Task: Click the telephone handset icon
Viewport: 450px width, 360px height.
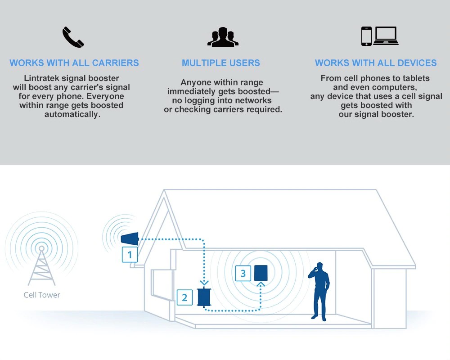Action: tap(73, 37)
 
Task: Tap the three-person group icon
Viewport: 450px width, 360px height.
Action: tap(223, 37)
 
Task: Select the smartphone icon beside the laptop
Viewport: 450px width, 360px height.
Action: tap(366, 36)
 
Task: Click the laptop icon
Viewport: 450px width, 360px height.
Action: tap(386, 36)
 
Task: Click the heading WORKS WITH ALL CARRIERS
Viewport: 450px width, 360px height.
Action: tap(74, 63)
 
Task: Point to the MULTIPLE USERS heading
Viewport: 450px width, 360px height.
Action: tap(221, 63)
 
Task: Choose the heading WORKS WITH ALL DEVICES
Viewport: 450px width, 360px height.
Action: tap(376, 63)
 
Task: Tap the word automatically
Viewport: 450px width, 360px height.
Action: tap(72, 114)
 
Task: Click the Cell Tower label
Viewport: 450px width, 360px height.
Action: tap(42, 295)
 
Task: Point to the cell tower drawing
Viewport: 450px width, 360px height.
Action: tap(41, 265)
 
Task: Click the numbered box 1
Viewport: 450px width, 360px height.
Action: tap(130, 255)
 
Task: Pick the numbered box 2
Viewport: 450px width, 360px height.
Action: tap(184, 297)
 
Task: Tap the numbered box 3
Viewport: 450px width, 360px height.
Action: tap(243, 273)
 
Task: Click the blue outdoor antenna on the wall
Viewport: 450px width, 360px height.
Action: tap(130, 239)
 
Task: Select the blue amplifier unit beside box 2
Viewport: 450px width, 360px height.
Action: tap(204, 297)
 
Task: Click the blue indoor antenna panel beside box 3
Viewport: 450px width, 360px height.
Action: tap(261, 273)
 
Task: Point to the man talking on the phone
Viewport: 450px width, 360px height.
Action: tap(319, 292)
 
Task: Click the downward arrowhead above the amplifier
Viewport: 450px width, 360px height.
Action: tap(204, 283)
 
